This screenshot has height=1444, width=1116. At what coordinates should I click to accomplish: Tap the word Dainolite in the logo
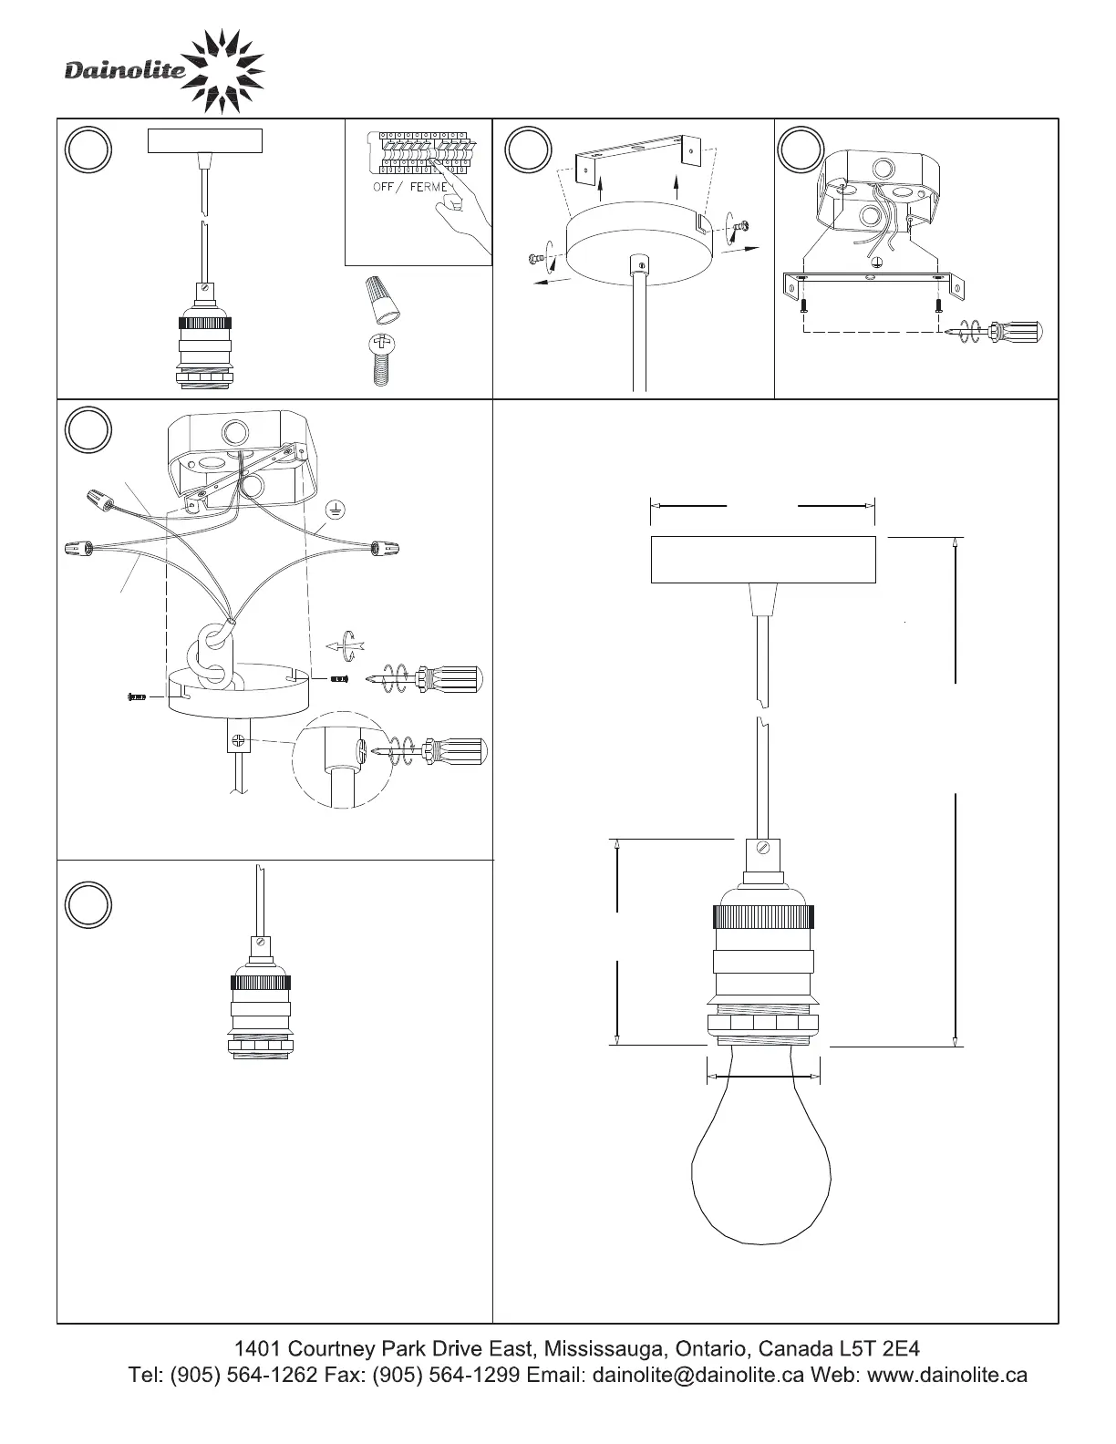pyautogui.click(x=125, y=69)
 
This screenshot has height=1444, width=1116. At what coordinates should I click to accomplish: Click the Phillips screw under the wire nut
pyautogui.click(x=380, y=359)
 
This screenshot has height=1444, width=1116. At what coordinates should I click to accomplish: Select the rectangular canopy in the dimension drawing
pyautogui.click(x=763, y=560)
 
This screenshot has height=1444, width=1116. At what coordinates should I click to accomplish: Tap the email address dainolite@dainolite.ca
pyautogui.click(x=697, y=1374)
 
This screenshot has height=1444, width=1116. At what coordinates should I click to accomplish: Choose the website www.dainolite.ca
pyautogui.click(x=947, y=1374)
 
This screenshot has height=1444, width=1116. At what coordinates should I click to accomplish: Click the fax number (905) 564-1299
pyautogui.click(x=446, y=1374)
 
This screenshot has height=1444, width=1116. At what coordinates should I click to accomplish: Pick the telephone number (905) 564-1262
pyautogui.click(x=244, y=1374)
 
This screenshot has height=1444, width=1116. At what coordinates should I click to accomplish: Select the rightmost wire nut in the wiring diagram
pyautogui.click(x=385, y=548)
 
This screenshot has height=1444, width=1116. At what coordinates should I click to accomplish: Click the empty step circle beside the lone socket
pyautogui.click(x=88, y=904)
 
